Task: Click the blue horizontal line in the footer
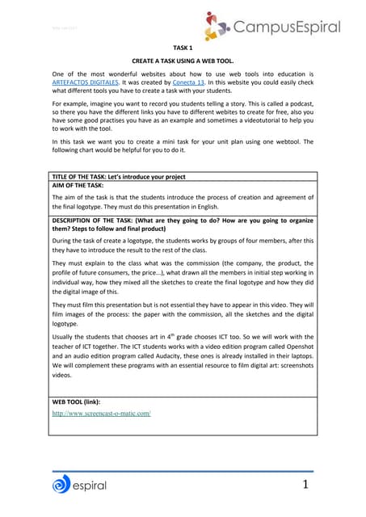click(182, 469)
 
